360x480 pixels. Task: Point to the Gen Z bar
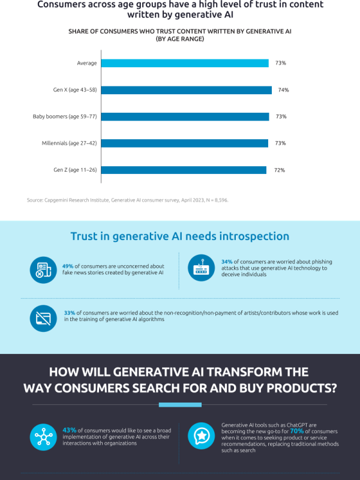coord(184,170)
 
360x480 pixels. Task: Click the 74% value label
coord(284,90)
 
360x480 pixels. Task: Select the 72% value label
coord(279,170)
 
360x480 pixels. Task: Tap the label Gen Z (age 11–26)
coord(75,170)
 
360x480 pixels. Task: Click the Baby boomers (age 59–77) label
coord(65,116)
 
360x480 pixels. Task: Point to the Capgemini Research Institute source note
coord(127,200)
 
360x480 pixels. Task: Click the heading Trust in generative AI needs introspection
coord(180,236)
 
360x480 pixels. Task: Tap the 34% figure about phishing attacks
coord(227,262)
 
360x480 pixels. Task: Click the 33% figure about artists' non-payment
coord(70,313)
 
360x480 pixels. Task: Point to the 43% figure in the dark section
coord(69,430)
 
